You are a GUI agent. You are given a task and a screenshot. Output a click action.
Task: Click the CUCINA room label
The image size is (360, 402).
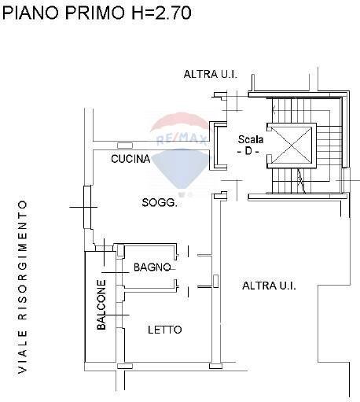coord(130,159)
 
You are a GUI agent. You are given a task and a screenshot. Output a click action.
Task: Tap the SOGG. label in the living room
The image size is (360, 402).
coord(160,202)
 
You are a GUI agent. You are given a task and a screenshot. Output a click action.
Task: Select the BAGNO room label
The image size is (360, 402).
coord(152,267)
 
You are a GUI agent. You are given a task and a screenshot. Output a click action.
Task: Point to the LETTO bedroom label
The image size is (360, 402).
coord(165,330)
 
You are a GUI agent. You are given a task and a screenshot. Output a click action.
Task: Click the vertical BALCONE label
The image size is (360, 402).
coord(101,305)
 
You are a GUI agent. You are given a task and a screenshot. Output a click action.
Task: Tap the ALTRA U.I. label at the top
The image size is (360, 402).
coord(210,75)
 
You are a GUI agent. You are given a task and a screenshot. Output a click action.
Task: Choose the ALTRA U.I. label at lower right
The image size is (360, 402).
coord(269,286)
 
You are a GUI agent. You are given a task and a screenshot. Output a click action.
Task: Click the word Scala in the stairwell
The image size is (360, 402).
coord(251,139)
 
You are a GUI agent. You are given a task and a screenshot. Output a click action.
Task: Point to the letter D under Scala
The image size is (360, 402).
coord(251,150)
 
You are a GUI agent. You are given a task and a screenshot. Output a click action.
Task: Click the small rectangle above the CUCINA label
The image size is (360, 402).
coord(124,146)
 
